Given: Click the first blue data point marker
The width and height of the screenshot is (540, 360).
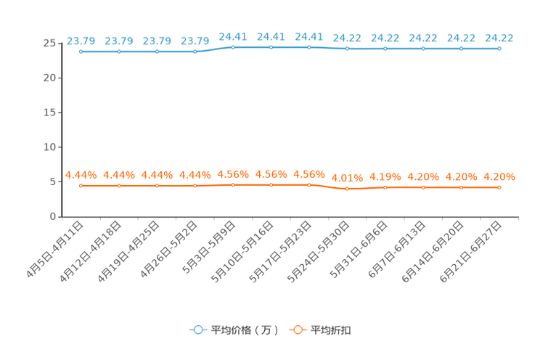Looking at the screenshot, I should click(81, 52).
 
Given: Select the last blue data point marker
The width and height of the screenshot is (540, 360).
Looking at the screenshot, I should click(499, 49).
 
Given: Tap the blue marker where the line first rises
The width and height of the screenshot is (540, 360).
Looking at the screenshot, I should click(233, 47).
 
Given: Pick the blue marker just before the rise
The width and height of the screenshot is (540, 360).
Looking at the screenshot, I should click(195, 52).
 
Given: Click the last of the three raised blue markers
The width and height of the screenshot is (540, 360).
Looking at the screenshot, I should click(309, 47).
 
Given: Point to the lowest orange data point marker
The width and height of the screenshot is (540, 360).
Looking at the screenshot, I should click(347, 189).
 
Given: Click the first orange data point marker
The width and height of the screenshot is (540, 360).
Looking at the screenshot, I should click(81, 187).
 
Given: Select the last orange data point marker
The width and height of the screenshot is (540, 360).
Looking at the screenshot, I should click(499, 188).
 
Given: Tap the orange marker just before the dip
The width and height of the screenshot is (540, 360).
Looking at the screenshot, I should click(309, 185).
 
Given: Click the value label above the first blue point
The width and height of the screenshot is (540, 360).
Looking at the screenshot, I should click(81, 40).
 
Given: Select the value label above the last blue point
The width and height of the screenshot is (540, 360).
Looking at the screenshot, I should click(499, 37).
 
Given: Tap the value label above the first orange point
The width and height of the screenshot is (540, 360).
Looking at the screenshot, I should click(81, 174).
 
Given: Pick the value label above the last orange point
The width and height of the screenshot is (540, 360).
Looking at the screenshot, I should click(499, 176).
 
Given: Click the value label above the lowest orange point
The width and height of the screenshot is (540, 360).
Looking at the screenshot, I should click(347, 177).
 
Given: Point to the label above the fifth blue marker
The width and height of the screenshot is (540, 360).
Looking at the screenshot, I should click(233, 36).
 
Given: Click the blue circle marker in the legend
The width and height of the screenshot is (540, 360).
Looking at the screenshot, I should click(197, 330).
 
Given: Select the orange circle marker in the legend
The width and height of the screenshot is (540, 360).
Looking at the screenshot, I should click(297, 330).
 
